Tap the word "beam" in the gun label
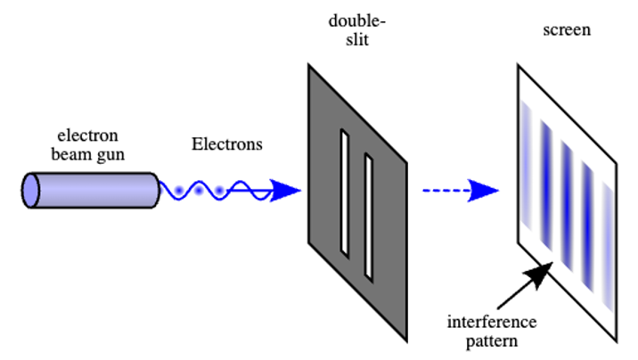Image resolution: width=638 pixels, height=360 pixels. (x=70, y=154)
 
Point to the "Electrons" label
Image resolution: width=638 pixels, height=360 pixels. (x=227, y=144)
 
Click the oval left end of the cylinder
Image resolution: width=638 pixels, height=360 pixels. (x=32, y=191)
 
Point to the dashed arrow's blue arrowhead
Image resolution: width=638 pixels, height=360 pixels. (x=486, y=190)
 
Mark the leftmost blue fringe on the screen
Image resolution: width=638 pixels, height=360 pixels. (x=527, y=169)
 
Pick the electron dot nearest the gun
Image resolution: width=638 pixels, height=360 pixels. (x=179, y=191)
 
